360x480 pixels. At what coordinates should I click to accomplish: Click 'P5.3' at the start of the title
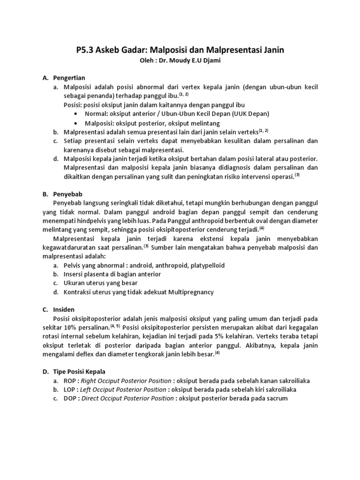pos(86,50)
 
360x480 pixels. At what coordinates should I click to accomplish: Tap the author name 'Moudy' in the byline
pos(180,61)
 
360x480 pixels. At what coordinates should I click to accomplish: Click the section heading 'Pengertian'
pos(68,77)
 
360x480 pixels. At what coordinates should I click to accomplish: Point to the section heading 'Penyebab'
pos(67,193)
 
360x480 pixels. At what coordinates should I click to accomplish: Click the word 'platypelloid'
pos(206,265)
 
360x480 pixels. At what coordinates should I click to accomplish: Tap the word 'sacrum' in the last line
pos(277,398)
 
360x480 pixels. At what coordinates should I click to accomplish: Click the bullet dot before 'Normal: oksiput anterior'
pos(76,114)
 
